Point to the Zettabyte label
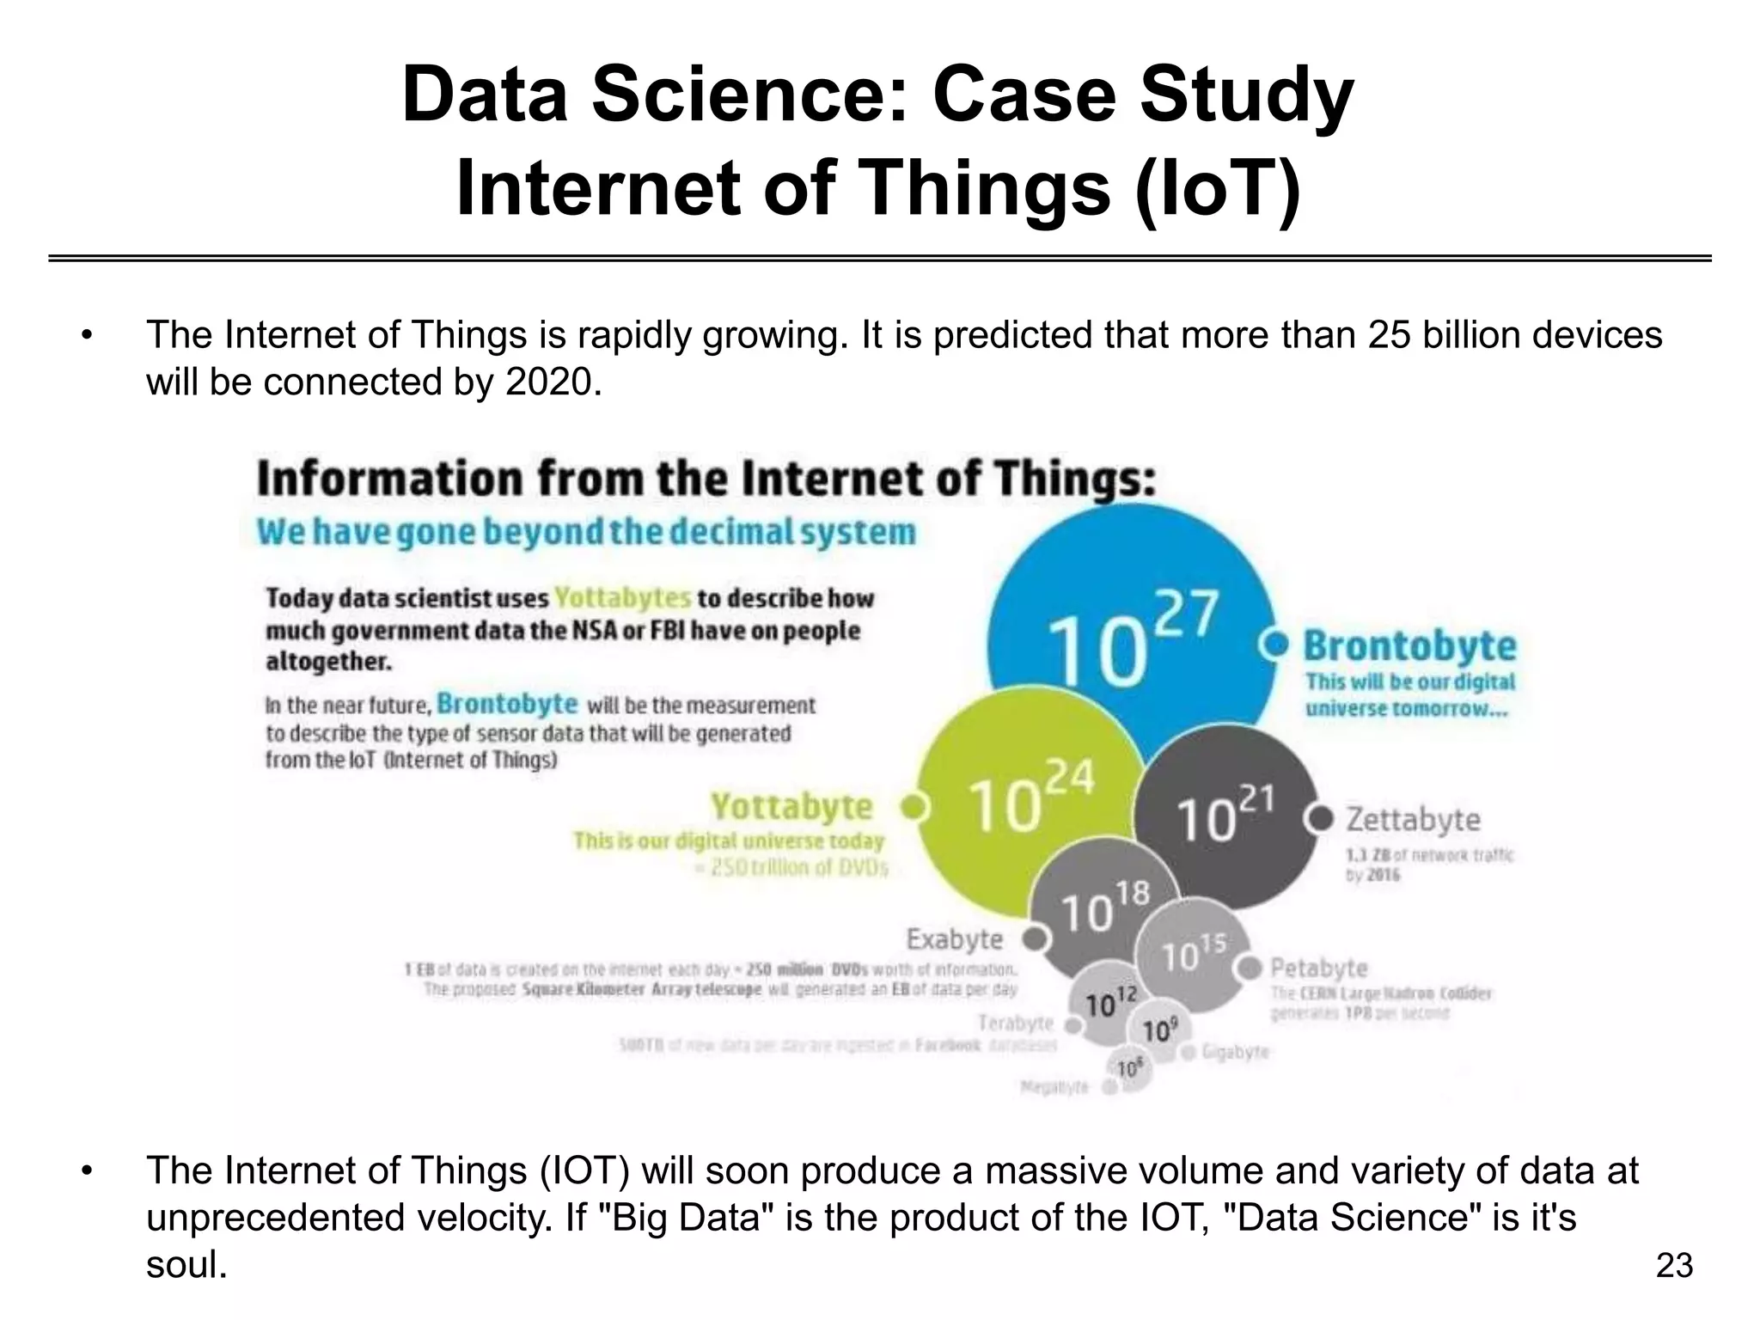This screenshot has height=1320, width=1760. point(1413,819)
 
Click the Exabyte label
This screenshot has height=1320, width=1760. point(955,938)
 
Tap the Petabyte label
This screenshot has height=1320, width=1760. point(1319,969)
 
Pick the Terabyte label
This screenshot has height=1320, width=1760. point(1016,1023)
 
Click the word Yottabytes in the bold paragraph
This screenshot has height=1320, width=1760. point(622,597)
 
